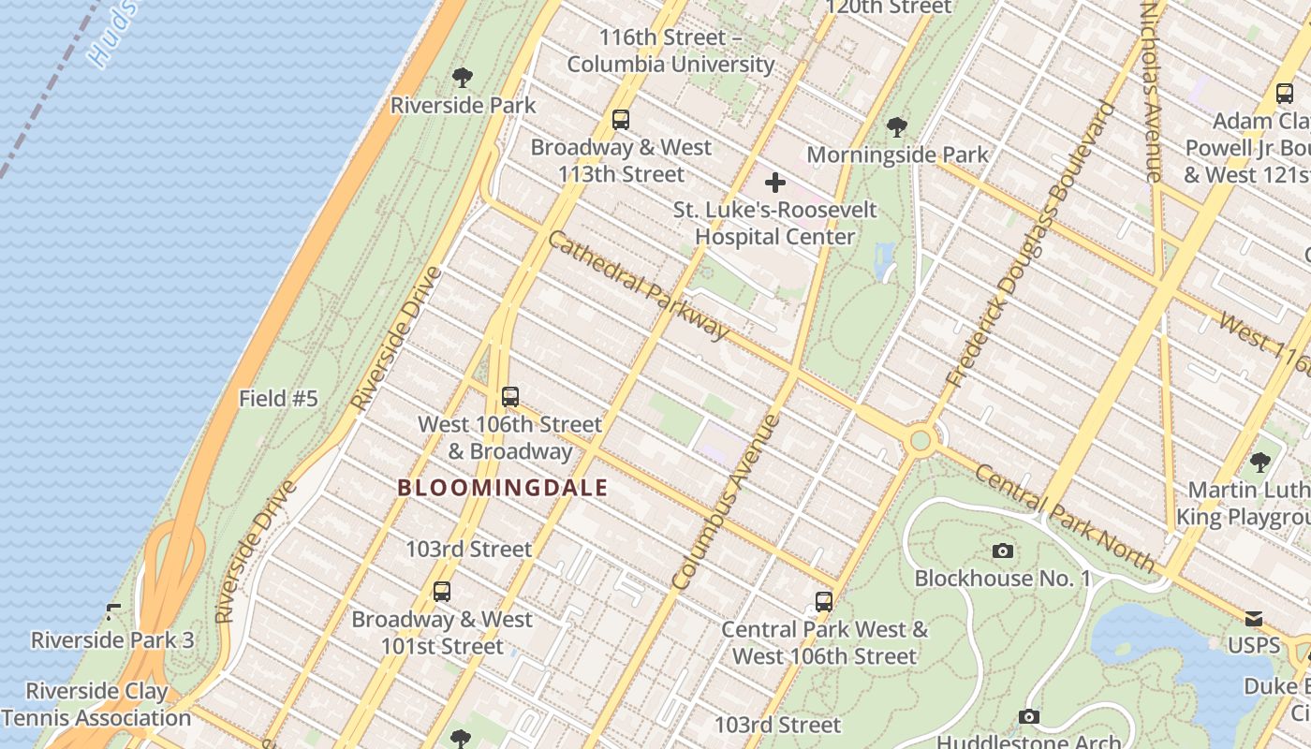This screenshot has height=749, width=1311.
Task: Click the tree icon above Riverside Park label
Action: (462, 78)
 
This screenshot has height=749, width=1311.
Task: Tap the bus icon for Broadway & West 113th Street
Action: (620, 120)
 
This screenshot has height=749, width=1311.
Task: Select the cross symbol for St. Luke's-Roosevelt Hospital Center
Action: (774, 183)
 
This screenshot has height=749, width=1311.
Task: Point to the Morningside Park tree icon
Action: (896, 126)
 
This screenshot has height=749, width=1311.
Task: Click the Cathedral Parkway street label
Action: (637, 286)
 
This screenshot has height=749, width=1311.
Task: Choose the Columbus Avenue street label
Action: (727, 502)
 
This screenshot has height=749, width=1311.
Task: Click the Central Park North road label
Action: (1065, 517)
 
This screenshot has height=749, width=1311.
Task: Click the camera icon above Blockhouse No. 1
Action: (1002, 551)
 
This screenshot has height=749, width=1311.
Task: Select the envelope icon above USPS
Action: (1253, 619)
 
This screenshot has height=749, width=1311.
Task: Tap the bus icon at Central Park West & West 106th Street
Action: (823, 602)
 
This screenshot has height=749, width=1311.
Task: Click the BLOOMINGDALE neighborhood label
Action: (503, 488)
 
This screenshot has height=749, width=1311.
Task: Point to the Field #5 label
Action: (278, 399)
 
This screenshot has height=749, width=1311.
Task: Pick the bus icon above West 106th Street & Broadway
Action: (509, 397)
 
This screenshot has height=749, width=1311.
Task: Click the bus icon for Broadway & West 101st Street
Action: (441, 592)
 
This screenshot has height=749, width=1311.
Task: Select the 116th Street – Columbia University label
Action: (670, 51)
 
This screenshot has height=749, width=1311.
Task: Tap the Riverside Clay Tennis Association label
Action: (96, 705)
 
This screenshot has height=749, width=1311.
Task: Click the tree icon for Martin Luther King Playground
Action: (1259, 463)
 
